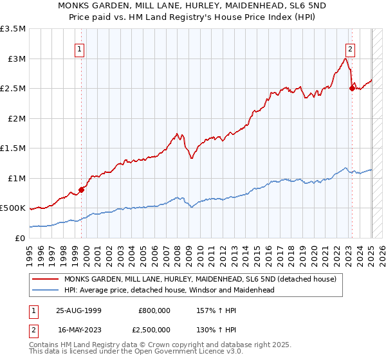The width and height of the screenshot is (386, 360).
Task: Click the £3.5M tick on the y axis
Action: [13, 29]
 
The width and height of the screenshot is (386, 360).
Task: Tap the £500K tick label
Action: [13, 208]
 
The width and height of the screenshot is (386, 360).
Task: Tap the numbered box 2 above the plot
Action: [350, 48]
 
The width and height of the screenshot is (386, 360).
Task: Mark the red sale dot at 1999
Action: [82, 190]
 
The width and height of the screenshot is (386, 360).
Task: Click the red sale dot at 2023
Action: [351, 88]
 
